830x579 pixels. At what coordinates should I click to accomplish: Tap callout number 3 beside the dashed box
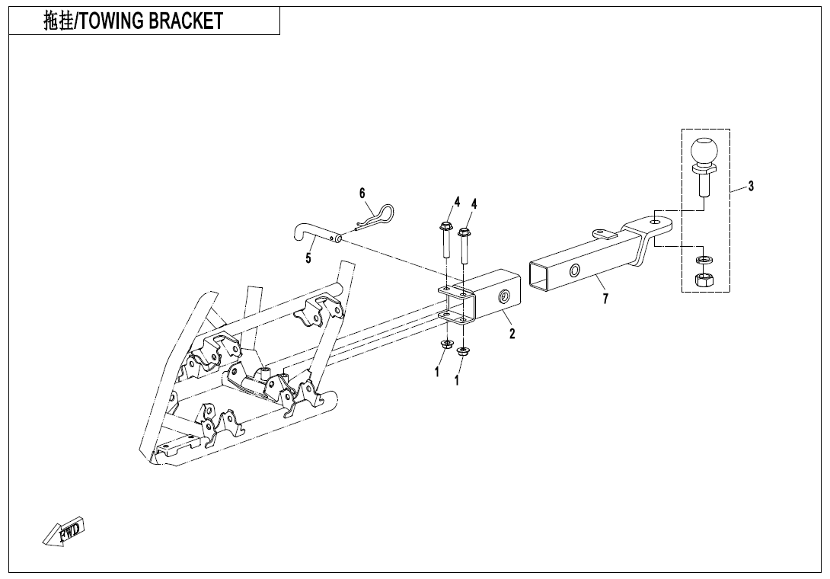(751, 186)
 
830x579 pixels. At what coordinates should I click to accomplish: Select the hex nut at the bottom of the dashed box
(704, 279)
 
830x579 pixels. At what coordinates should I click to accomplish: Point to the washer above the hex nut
(704, 260)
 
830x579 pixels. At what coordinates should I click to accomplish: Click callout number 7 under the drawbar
(605, 299)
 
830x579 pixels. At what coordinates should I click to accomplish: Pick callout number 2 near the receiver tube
(512, 333)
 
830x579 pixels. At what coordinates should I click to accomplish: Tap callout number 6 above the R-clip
(362, 194)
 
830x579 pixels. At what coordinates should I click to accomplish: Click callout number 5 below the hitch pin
(308, 258)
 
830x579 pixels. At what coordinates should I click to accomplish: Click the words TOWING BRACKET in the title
(151, 21)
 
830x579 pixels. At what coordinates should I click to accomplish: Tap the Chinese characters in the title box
(58, 21)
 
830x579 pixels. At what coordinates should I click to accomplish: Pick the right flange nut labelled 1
(464, 351)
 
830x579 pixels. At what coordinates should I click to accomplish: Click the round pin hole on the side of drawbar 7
(574, 271)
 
